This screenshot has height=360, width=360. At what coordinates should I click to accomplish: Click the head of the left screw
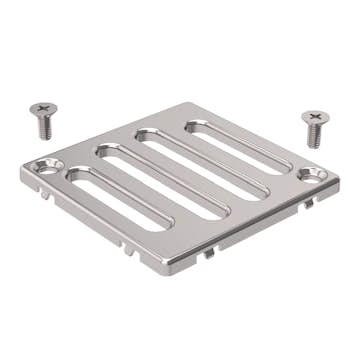click(x=42, y=109)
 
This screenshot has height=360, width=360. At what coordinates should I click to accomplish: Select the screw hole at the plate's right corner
click(x=311, y=174)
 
